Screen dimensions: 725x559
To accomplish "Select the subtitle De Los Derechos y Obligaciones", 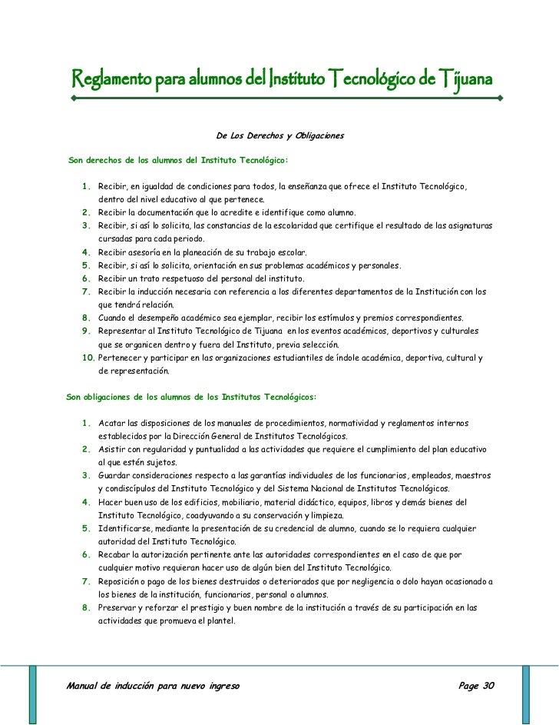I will point(281,137).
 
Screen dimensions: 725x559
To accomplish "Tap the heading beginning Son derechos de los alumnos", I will point(178,161).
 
